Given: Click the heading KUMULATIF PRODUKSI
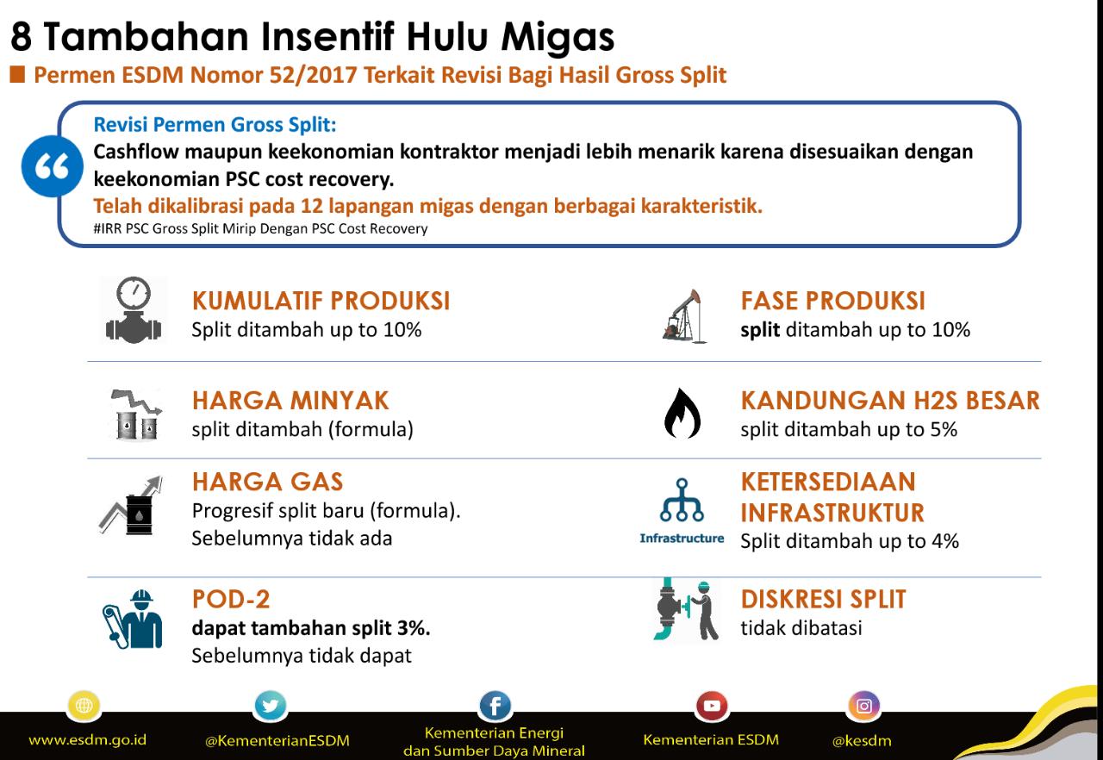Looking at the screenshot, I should pyautogui.click(x=321, y=301).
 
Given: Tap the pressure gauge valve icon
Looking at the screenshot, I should pyautogui.click(x=134, y=311).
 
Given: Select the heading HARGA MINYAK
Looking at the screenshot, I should pyautogui.click(x=290, y=401).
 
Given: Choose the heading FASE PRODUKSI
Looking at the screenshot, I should pyautogui.click(x=832, y=301).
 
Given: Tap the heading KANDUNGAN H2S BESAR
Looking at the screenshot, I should pyautogui.click(x=890, y=401).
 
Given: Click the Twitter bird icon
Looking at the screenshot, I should pyautogui.click(x=271, y=707).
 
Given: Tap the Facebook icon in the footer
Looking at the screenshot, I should pyautogui.click(x=495, y=707).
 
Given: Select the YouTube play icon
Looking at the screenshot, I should pyautogui.click(x=711, y=706).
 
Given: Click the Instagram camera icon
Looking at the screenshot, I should pyautogui.click(x=863, y=706).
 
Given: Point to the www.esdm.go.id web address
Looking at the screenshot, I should pyautogui.click(x=87, y=740).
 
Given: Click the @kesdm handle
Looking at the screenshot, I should pyautogui.click(x=862, y=740).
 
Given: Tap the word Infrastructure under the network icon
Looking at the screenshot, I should pyautogui.click(x=682, y=539).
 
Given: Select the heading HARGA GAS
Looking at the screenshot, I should pyautogui.click(x=267, y=481).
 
